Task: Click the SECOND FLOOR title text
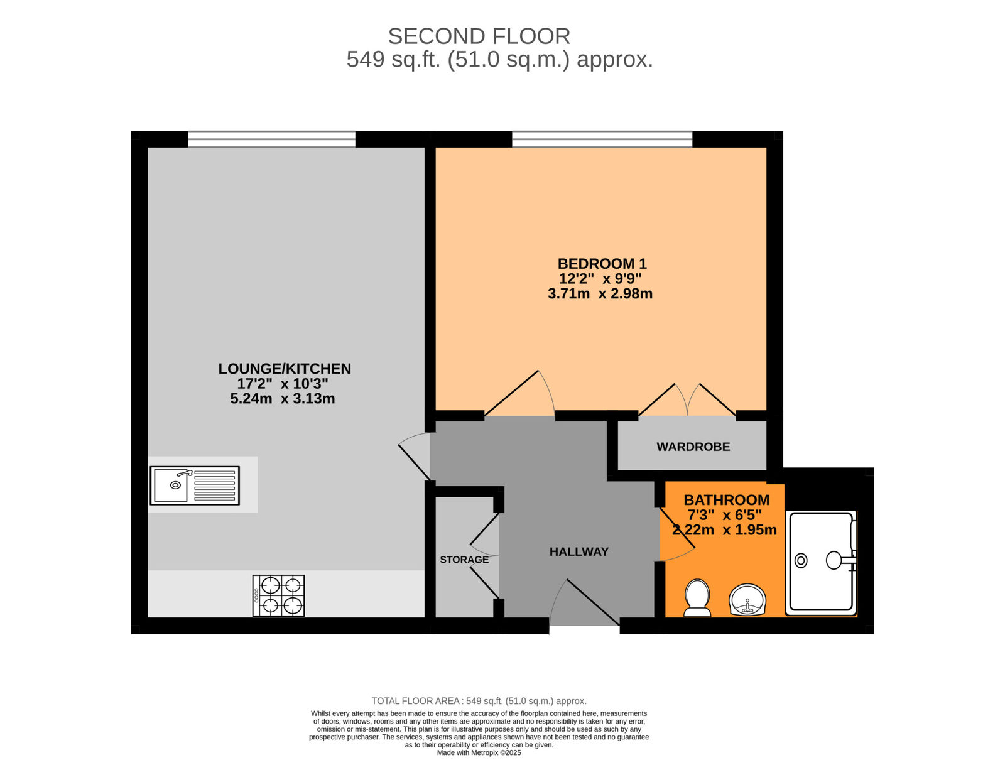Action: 479,36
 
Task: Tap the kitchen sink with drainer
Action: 195,486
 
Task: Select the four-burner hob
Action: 278,595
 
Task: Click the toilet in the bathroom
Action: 697,597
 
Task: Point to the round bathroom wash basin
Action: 747,600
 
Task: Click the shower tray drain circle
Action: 801,560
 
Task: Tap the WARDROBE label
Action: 693,447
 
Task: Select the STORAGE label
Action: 464,560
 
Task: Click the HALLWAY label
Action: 579,552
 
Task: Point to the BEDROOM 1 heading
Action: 602,264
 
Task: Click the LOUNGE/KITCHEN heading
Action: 285,369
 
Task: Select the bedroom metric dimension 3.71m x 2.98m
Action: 600,294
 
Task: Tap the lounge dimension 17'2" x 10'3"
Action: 283,384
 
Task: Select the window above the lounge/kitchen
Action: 271,139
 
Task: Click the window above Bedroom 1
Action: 602,139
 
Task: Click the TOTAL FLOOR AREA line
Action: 479,701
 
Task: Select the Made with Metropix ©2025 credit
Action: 479,752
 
